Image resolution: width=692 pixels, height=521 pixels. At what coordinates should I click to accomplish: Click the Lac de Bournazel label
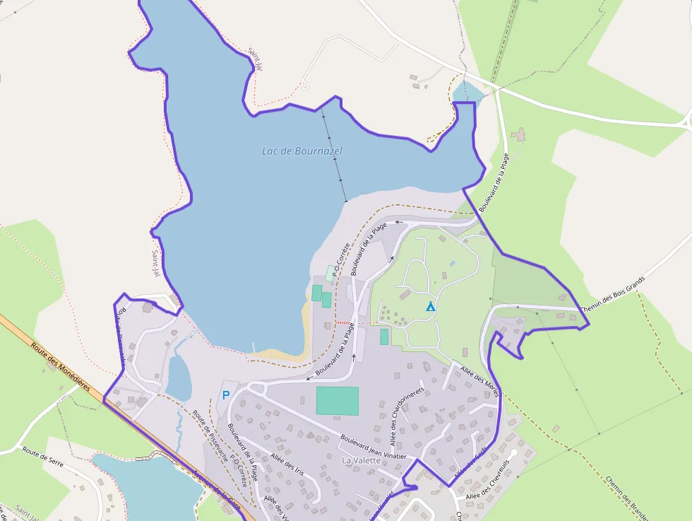pyautogui.click(x=302, y=151)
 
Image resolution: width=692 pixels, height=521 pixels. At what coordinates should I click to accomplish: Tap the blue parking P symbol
pyautogui.click(x=226, y=395)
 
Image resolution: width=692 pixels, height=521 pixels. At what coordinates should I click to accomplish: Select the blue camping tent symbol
pyautogui.click(x=430, y=307)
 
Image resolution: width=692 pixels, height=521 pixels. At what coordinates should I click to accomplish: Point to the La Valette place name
pyautogui.click(x=361, y=460)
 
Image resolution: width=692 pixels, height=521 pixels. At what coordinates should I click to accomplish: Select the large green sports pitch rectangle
pyautogui.click(x=337, y=401)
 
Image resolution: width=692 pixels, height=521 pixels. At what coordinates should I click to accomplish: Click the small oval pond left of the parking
pyautogui.click(x=178, y=377)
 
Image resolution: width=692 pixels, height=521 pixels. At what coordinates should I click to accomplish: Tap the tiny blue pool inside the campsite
pyautogui.click(x=452, y=264)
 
